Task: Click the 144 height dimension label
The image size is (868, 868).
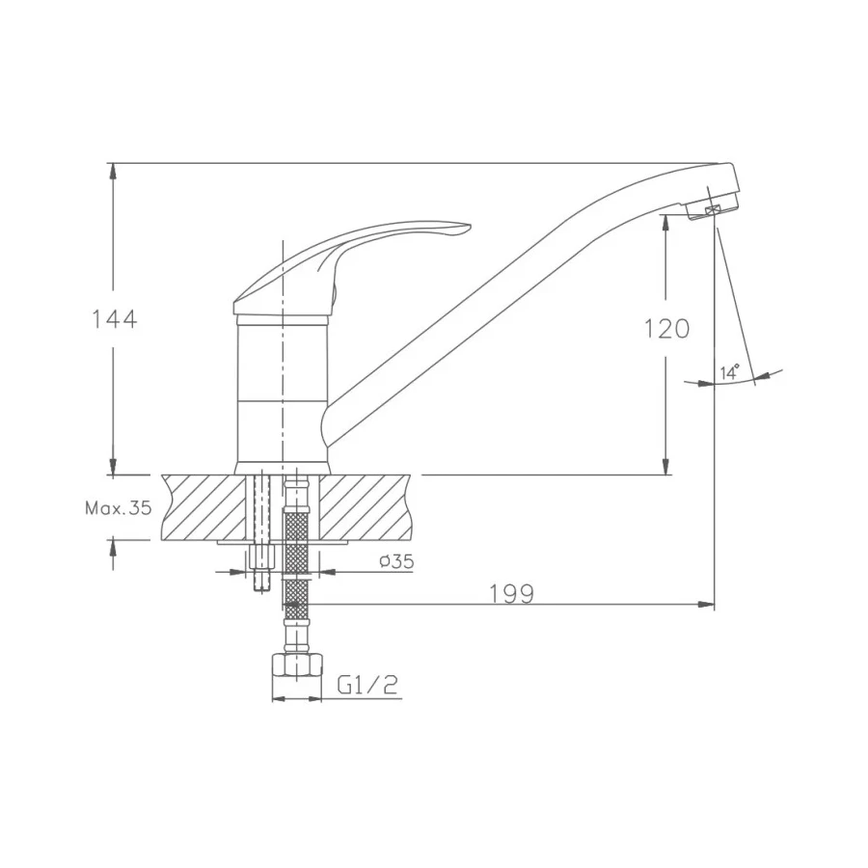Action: point(114,320)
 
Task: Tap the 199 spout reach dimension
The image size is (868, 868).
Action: point(512,594)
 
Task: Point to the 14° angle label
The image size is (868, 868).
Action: point(730,372)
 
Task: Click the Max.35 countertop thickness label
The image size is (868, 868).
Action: point(118,508)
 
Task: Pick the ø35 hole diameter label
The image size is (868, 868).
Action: point(396,561)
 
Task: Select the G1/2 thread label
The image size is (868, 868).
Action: point(367,686)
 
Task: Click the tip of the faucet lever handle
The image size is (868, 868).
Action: point(470,226)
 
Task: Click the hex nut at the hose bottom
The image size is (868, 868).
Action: point(297,665)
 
